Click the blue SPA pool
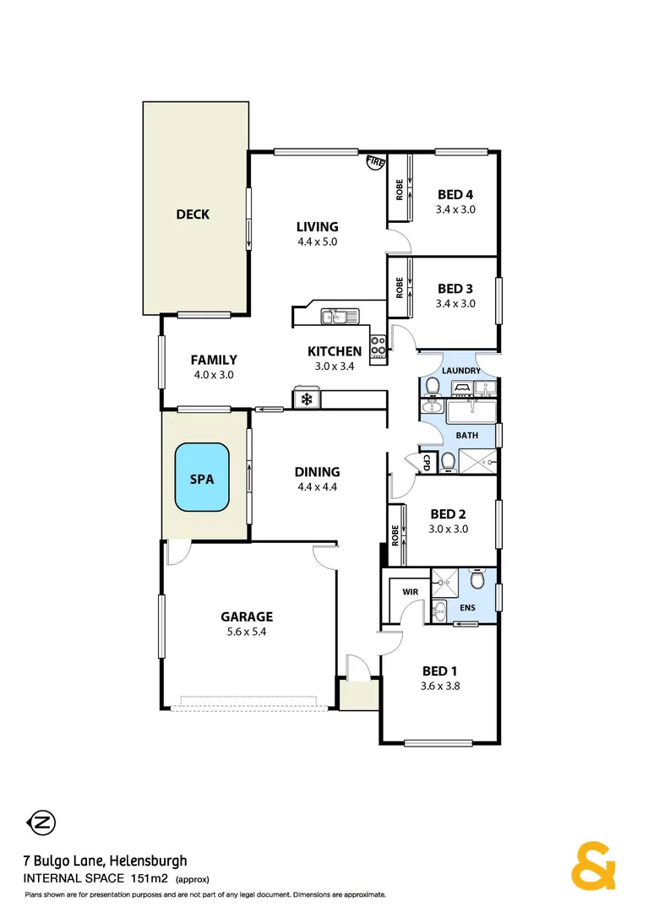[203, 478]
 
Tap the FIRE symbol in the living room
[375, 162]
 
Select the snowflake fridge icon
[304, 398]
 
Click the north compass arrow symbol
[40, 822]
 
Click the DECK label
[193, 214]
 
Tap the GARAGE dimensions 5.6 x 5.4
[247, 632]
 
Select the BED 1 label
[440, 671]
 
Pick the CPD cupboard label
[427, 462]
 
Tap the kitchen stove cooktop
[378, 344]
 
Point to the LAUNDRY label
[461, 371]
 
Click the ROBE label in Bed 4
[399, 190]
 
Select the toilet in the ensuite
[477, 582]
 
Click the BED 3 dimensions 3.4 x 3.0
[455, 303]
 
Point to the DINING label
[317, 472]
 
